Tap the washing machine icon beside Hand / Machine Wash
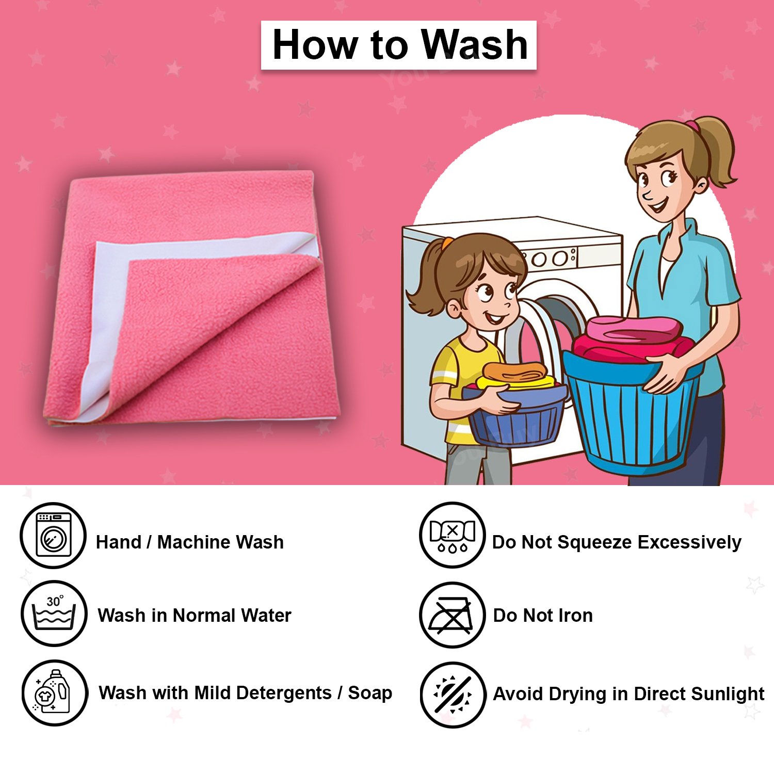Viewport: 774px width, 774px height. (53, 535)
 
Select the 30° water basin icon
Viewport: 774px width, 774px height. (54, 613)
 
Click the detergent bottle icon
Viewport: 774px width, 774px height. (54, 692)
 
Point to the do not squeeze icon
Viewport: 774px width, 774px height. (452, 535)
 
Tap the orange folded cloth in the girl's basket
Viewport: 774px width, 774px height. (514, 371)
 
